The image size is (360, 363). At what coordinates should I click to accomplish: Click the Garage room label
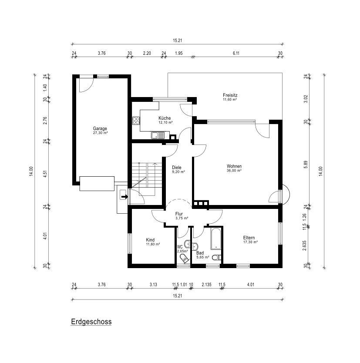tap(100, 128)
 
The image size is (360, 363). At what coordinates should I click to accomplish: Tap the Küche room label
tap(165, 118)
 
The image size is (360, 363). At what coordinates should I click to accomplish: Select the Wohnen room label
tap(234, 166)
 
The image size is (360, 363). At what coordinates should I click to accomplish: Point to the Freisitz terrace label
tap(230, 95)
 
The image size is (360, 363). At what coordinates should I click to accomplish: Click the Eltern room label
tap(249, 238)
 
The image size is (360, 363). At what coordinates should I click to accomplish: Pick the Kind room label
tap(151, 240)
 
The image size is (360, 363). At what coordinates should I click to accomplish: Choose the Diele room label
tap(176, 167)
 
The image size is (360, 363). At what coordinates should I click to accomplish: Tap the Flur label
tap(178, 214)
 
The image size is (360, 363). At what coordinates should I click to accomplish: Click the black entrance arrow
tap(124, 197)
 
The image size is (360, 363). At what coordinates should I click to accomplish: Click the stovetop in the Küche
tap(135, 121)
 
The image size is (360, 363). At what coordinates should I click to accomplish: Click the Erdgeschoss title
tap(91, 322)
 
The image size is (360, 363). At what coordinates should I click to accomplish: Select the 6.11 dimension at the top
tap(236, 53)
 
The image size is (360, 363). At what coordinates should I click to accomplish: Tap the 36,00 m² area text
tap(234, 171)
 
